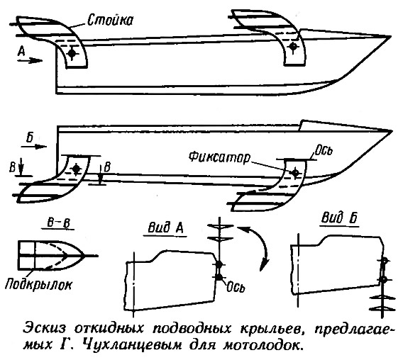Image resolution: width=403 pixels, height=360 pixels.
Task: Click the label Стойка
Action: (x=110, y=20)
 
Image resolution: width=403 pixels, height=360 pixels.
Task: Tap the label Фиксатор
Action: (x=219, y=157)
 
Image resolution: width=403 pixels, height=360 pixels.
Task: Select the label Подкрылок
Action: (x=38, y=284)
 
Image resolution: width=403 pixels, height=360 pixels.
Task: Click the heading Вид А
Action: (x=165, y=227)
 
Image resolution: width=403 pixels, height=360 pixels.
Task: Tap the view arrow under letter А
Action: (x=30, y=61)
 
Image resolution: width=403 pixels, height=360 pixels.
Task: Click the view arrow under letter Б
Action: (x=34, y=147)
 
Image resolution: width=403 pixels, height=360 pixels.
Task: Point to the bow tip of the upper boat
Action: (x=391, y=37)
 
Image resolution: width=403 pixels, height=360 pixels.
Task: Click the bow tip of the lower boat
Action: (x=392, y=131)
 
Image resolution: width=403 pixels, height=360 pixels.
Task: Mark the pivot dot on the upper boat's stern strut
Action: (x=72, y=53)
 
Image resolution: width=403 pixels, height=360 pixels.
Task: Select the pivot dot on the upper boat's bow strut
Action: (x=292, y=47)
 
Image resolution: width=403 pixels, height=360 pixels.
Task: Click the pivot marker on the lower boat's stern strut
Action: (x=76, y=169)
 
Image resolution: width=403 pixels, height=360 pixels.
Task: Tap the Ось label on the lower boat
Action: (x=324, y=150)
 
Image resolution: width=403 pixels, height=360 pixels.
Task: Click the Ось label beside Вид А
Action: (x=236, y=287)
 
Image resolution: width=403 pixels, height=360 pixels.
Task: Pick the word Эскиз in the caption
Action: (x=45, y=328)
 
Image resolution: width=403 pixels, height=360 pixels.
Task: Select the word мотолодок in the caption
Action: (x=262, y=344)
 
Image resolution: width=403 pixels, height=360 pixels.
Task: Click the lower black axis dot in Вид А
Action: (x=219, y=277)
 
